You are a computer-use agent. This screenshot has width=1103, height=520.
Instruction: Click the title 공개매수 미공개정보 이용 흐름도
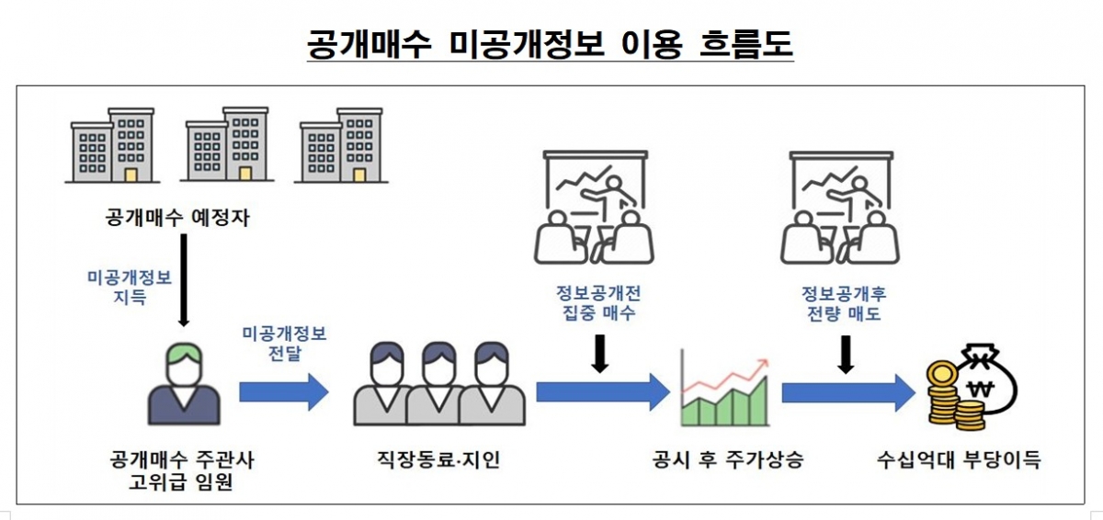551,43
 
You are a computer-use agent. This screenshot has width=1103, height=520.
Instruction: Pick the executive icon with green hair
184,385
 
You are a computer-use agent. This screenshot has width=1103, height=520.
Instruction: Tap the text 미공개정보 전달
284,343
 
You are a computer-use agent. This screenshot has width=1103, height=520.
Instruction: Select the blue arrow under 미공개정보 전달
283,392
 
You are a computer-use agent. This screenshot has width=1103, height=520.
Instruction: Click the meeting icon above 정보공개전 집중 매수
593,208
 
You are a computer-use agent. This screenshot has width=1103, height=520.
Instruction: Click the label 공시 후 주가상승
726,459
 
